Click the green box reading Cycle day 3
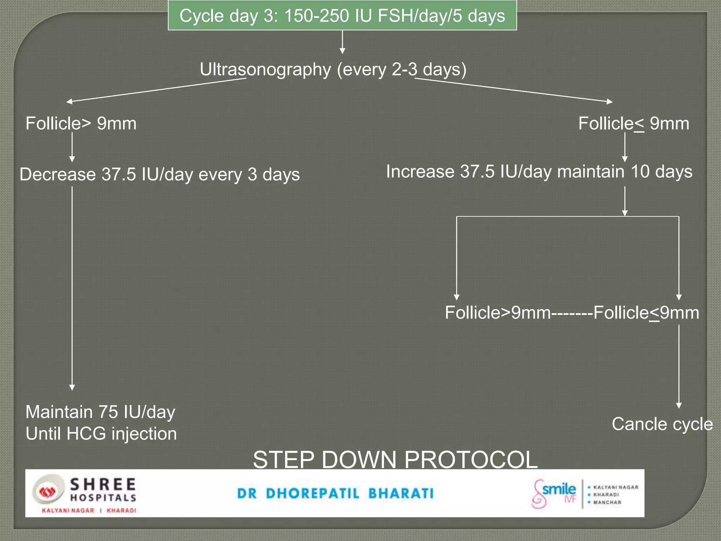(x=342, y=16)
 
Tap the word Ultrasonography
(x=265, y=69)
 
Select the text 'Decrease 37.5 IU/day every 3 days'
(x=159, y=174)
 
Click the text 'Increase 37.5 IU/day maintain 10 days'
(x=539, y=172)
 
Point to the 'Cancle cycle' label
(x=662, y=424)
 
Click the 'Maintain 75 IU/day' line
(x=100, y=412)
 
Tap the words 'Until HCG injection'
(x=101, y=434)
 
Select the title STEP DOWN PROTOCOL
(x=395, y=459)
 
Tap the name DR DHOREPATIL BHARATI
(x=336, y=493)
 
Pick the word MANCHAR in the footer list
(x=607, y=502)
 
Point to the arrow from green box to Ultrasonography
(x=342, y=42)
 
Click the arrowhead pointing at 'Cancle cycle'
(x=679, y=406)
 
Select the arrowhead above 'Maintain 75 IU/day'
(x=72, y=387)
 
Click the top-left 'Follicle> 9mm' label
(x=81, y=124)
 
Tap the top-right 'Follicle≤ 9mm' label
(x=634, y=124)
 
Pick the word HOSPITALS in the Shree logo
(x=103, y=498)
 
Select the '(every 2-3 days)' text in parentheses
(x=401, y=69)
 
